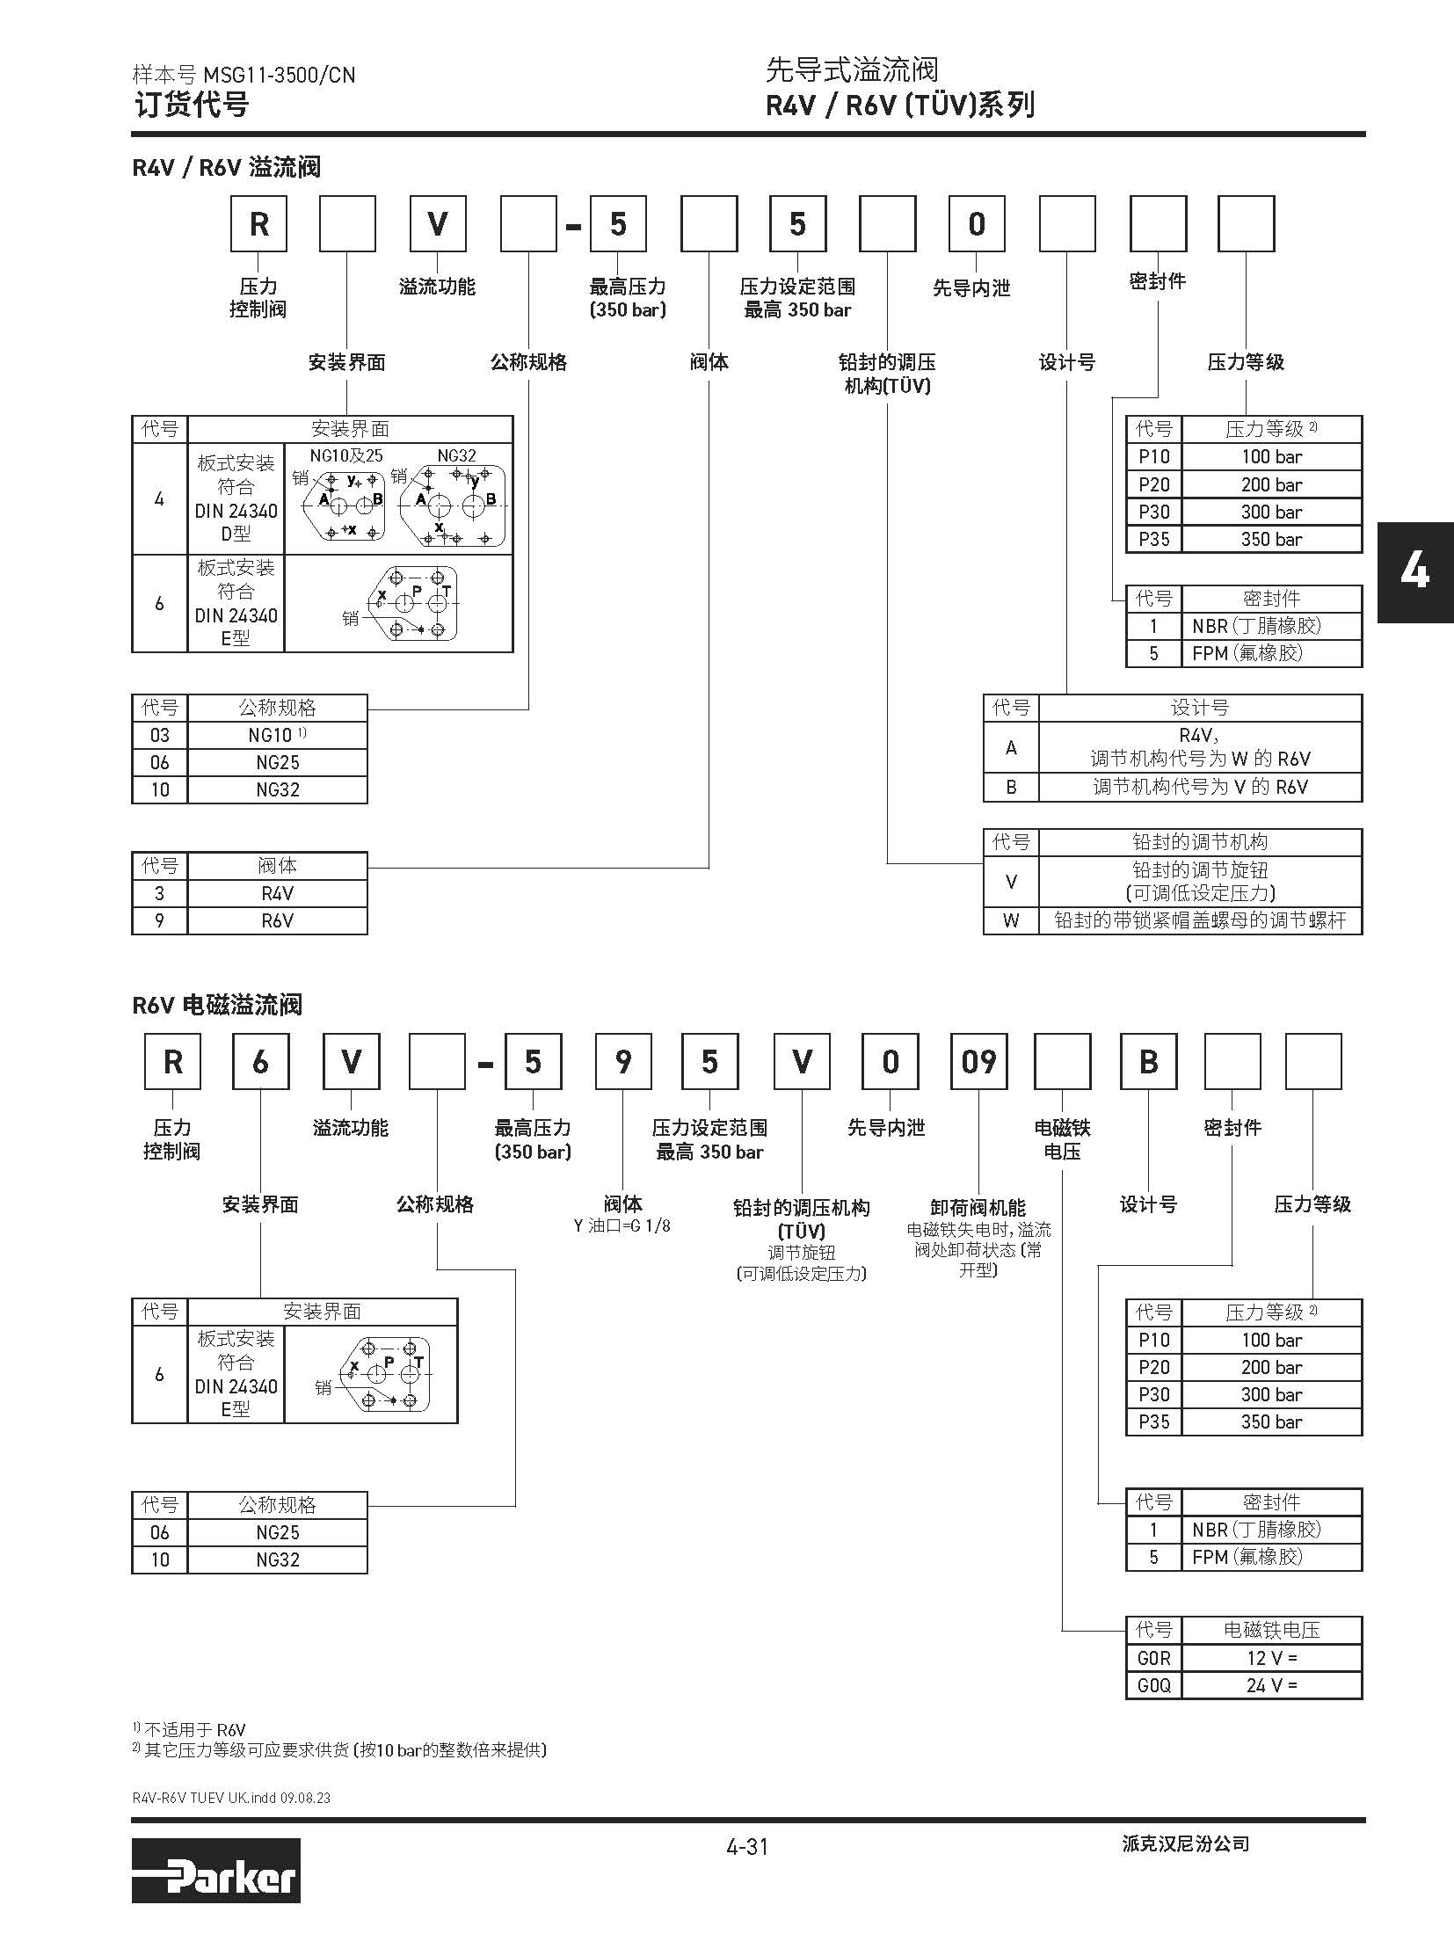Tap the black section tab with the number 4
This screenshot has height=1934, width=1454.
point(1414,572)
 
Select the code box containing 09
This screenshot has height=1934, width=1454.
point(978,1062)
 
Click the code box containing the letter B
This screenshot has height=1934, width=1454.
point(1148,1062)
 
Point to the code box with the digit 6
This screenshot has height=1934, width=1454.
point(260,1062)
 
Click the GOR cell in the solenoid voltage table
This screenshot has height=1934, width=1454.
point(1153,1658)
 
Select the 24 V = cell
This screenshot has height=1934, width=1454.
point(1271,1685)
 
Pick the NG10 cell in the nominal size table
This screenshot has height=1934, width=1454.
point(277,735)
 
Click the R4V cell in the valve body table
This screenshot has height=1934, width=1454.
point(277,893)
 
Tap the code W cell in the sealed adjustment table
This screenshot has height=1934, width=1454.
point(1011,920)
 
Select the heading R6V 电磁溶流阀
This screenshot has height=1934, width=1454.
point(217,1005)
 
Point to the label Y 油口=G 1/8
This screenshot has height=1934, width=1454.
point(622,1225)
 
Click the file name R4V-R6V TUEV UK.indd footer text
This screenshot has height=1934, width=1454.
point(231,1798)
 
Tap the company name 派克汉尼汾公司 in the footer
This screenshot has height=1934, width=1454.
point(1185,1844)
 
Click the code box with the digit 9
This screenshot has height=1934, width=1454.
point(622,1062)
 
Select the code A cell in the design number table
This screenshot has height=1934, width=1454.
point(1011,747)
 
